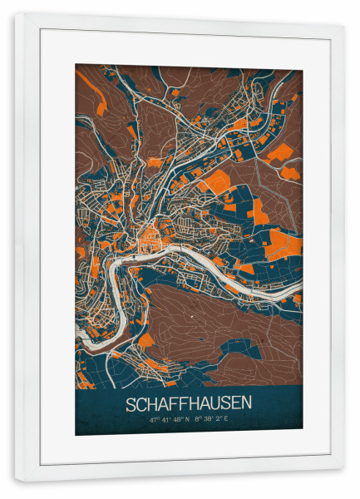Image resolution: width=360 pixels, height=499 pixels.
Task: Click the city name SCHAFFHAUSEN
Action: click(x=189, y=404)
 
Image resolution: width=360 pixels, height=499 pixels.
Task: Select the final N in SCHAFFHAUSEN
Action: click(x=246, y=404)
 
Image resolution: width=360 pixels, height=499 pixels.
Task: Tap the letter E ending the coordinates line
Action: click(x=227, y=420)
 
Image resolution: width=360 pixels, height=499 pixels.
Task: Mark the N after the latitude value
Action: click(x=188, y=420)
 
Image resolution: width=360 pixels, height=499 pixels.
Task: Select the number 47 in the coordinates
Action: click(x=154, y=420)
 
